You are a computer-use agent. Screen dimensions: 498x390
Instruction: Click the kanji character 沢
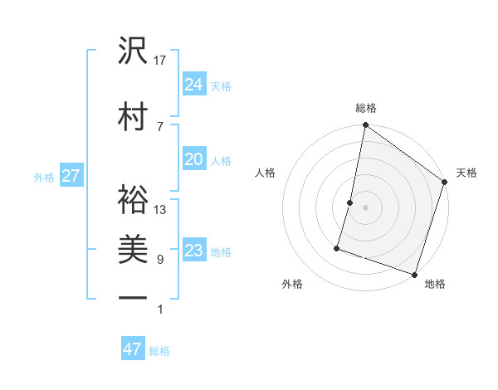point(133,51)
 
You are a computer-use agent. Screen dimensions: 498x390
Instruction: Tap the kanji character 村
point(133,116)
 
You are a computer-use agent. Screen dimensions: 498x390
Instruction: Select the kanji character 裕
point(133,200)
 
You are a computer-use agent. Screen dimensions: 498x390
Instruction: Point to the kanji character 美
point(133,250)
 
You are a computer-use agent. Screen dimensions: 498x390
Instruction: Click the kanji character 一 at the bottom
point(133,296)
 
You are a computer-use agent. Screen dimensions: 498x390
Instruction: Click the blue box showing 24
point(194,84)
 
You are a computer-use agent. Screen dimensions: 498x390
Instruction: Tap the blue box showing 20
point(194,159)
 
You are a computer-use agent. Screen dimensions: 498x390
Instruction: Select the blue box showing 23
point(194,251)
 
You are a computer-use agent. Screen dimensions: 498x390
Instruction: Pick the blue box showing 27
point(71,175)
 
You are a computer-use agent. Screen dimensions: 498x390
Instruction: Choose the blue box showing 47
point(133,349)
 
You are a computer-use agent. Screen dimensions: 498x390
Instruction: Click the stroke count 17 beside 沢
point(160,60)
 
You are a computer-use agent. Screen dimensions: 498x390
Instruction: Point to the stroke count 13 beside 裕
point(160,209)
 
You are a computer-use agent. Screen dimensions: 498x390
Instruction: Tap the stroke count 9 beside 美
point(160,260)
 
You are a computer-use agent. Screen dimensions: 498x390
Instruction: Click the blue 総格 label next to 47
point(159,351)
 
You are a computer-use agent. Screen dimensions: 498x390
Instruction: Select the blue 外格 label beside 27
point(43,177)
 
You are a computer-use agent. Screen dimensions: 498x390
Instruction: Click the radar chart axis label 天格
point(466,173)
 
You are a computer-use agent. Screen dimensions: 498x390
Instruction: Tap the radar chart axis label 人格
point(266,173)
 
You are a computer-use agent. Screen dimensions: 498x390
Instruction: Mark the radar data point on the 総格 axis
point(365,126)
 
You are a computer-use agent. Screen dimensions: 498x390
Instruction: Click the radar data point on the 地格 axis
point(413,273)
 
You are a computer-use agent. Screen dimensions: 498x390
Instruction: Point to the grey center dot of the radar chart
point(365,207)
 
